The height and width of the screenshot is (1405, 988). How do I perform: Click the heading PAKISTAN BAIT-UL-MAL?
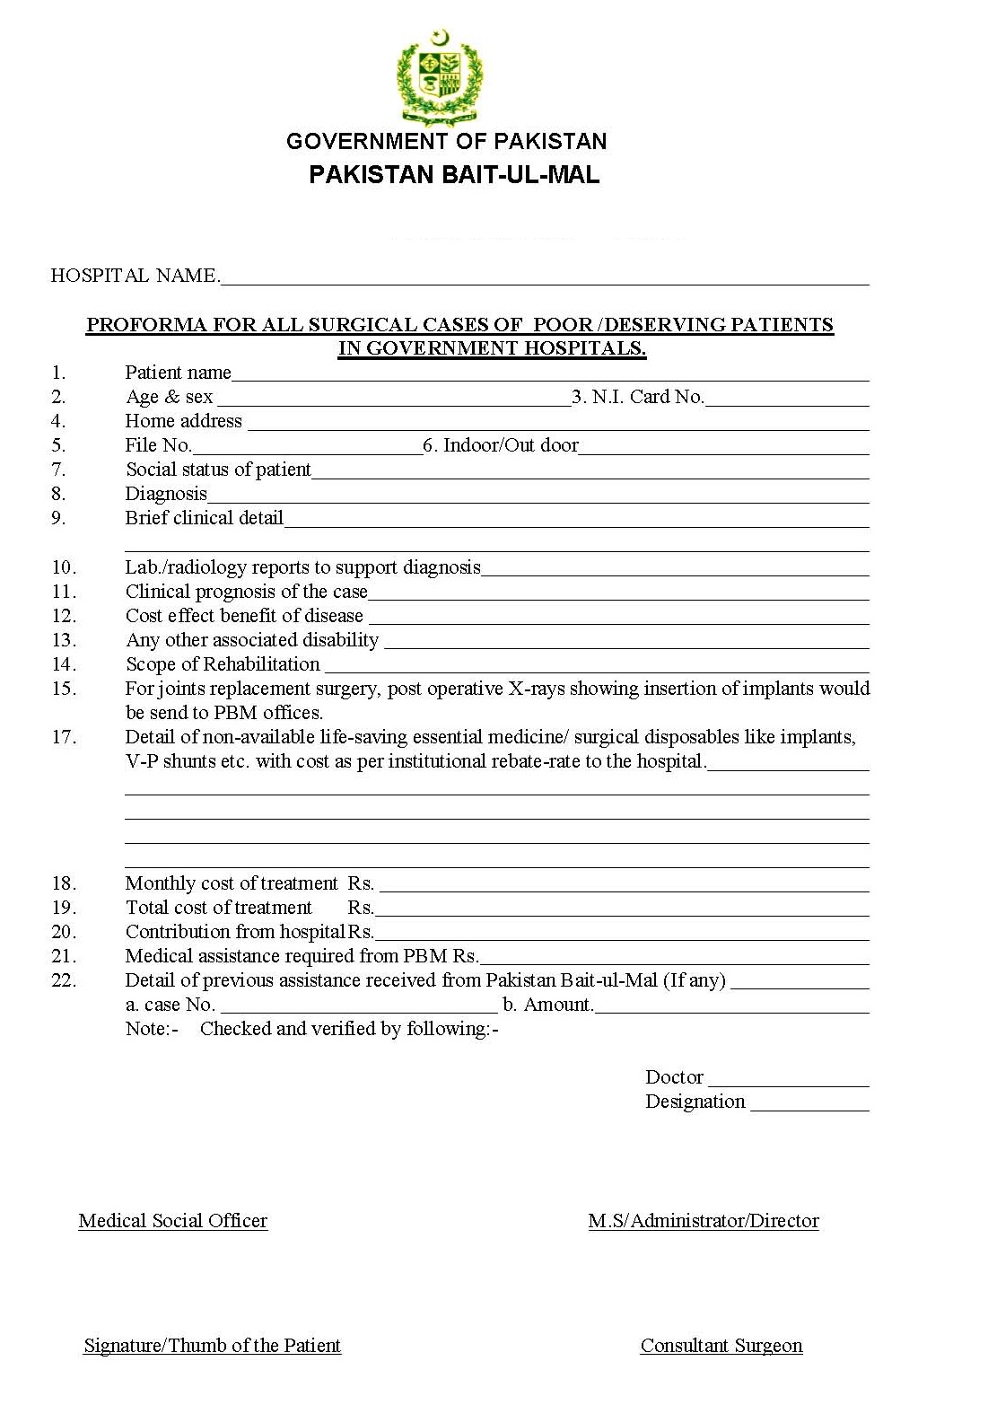coord(454,174)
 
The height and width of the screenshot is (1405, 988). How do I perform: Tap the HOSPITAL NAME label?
coord(135,276)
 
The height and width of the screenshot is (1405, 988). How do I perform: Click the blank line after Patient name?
coord(549,375)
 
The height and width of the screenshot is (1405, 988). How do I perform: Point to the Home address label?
coord(183,421)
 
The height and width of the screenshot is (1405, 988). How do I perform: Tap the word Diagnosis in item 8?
coord(166,494)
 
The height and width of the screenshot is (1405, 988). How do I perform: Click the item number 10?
coord(64,567)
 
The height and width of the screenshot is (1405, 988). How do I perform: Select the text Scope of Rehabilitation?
coord(223,664)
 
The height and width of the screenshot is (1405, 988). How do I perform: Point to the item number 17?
coord(64,737)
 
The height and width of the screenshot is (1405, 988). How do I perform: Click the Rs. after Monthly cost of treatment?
coord(361,883)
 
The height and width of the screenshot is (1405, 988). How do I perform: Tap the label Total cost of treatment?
coord(219,908)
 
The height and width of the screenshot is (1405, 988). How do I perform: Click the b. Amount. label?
coord(547,1005)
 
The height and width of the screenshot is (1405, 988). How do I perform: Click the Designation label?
coord(695,1102)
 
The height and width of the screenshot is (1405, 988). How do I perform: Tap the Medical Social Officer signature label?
coord(173,1221)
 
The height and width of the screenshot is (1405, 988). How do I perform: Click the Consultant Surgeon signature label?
coord(721,1346)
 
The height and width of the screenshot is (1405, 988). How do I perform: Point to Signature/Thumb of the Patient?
coord(213,1346)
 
